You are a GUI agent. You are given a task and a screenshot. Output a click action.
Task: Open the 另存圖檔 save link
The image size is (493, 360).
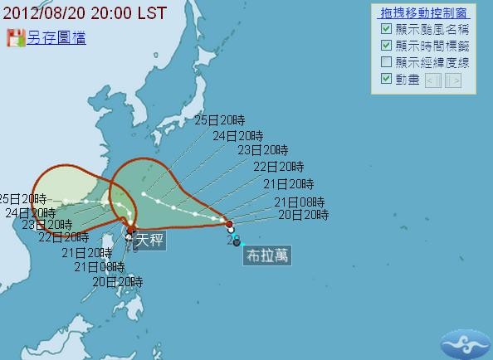click(x=56, y=38)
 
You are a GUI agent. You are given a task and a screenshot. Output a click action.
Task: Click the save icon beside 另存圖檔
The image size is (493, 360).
click(x=15, y=38)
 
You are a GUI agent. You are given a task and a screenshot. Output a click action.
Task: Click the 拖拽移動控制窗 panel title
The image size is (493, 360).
click(x=423, y=13)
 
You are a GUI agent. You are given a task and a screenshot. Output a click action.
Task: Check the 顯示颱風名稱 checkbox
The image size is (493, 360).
click(x=386, y=29)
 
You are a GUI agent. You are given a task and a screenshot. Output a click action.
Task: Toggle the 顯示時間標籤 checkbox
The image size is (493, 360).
click(x=386, y=46)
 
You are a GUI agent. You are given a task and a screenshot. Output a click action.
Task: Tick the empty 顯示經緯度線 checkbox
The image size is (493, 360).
click(x=386, y=62)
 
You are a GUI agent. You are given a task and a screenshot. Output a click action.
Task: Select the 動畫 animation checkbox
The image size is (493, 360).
click(x=386, y=79)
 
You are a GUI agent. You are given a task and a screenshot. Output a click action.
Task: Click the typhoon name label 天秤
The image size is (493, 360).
click(x=150, y=241)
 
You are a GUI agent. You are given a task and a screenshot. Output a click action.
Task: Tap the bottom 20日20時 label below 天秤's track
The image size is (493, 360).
click(x=117, y=281)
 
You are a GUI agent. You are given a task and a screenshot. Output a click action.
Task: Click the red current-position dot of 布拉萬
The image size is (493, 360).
click(x=229, y=224)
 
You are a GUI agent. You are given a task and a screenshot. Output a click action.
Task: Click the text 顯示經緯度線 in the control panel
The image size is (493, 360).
click(x=432, y=62)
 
